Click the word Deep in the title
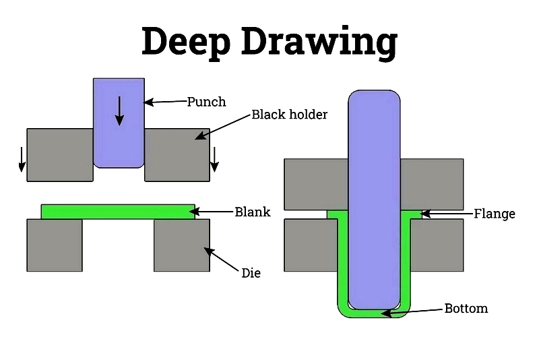[x=186, y=42]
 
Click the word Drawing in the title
[x=319, y=42]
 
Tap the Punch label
[x=206, y=102]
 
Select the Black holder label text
[x=290, y=115]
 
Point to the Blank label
[x=252, y=212]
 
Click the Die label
[x=251, y=273]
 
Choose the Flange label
[x=495, y=214]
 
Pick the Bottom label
[x=466, y=308]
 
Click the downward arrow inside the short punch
[x=119, y=111]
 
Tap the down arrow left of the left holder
[x=22, y=160]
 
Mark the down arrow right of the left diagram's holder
[x=214, y=160]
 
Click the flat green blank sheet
[x=118, y=212]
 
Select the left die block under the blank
[x=55, y=245]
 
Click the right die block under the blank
[x=182, y=245]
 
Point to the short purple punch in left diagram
[x=119, y=123]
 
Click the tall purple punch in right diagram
[x=374, y=200]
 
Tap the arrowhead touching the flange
[x=426, y=214]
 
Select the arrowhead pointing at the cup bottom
[x=386, y=313]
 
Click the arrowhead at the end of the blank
[x=199, y=212]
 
